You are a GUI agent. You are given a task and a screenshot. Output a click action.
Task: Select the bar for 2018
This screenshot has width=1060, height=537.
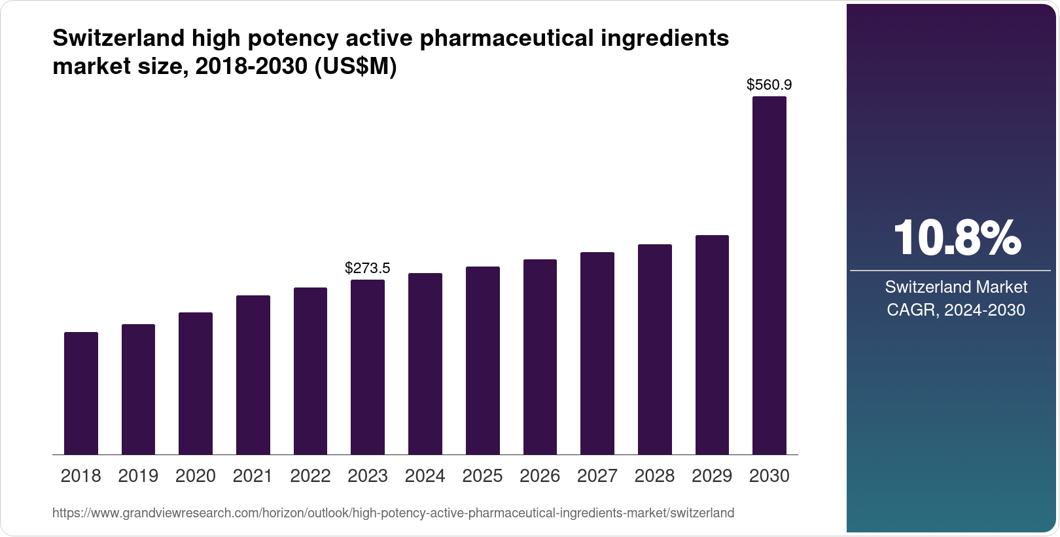(x=81, y=393)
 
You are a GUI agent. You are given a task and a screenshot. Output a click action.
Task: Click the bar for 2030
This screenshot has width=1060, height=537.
(x=769, y=275)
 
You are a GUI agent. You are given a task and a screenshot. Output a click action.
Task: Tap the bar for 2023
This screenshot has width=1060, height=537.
(x=368, y=367)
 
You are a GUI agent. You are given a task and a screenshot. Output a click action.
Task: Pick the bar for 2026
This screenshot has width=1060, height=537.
(x=540, y=357)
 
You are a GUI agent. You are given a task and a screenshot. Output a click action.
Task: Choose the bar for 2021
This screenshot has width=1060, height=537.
(x=253, y=375)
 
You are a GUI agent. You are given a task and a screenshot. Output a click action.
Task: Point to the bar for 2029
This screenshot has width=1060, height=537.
(x=712, y=344)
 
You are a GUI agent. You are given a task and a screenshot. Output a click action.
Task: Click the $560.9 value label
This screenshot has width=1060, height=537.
(x=769, y=84)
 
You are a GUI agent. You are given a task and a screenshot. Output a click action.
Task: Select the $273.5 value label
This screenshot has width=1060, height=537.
(x=368, y=268)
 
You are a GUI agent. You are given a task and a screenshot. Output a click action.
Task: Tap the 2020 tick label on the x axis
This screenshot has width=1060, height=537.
(x=196, y=476)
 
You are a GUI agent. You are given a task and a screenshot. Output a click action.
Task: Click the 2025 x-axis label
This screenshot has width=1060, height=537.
(x=482, y=476)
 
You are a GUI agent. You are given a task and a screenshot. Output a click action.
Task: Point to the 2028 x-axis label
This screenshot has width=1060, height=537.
(x=654, y=476)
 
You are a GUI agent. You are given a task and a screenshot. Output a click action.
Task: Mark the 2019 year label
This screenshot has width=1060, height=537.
(x=138, y=476)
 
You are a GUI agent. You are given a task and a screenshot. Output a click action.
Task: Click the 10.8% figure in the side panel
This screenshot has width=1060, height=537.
(x=956, y=238)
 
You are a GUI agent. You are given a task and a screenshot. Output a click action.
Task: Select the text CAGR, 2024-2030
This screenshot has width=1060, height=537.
(x=956, y=310)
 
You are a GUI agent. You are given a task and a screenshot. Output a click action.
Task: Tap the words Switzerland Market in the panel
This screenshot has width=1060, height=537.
(x=956, y=287)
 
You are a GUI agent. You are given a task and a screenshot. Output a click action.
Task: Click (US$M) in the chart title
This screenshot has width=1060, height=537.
(x=356, y=67)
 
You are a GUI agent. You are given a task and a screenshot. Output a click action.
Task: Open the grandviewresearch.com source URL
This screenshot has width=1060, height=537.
(x=393, y=513)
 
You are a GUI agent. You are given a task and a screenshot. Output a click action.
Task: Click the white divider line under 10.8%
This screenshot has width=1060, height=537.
(x=950, y=270)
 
